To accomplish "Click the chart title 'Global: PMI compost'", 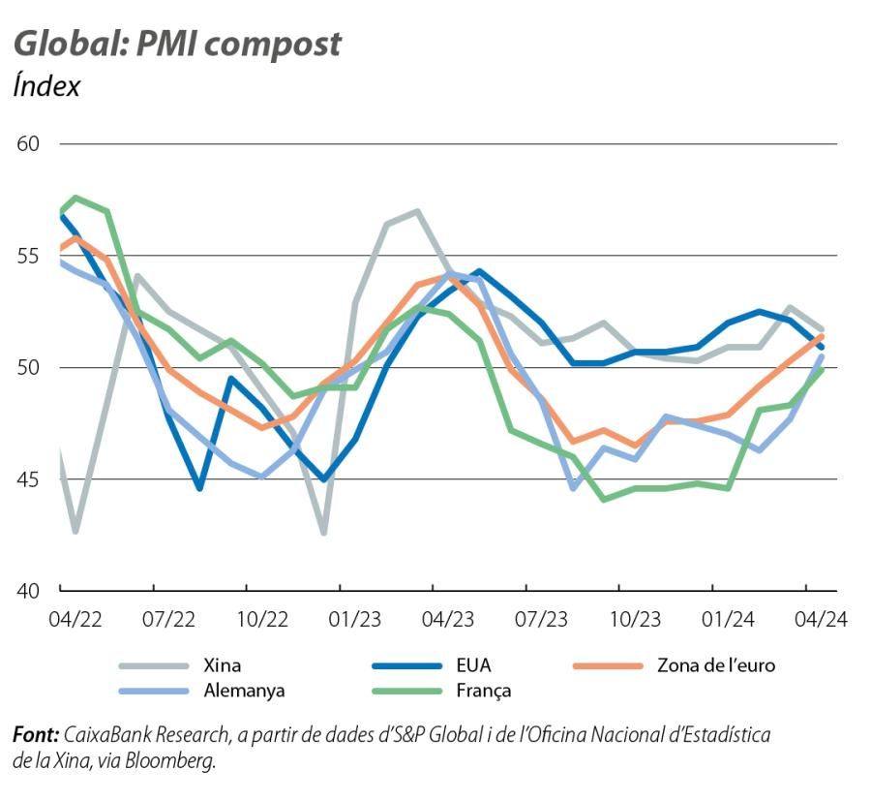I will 177,44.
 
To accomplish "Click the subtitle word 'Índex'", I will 46,85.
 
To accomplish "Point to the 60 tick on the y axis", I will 28,144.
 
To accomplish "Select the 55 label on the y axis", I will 28,256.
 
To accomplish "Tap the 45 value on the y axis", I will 28,479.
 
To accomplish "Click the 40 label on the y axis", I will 28,591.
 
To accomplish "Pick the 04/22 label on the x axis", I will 75,619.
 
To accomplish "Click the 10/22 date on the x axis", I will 261,619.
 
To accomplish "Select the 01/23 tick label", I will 355,619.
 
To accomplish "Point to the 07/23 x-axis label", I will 541,619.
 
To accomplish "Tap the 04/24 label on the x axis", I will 821,619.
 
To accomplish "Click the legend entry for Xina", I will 222,665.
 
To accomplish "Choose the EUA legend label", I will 474,665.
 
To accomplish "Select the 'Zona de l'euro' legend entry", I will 716,665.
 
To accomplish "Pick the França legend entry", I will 483,691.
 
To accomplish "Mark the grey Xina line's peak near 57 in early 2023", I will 416,211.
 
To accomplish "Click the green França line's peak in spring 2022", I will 75,198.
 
